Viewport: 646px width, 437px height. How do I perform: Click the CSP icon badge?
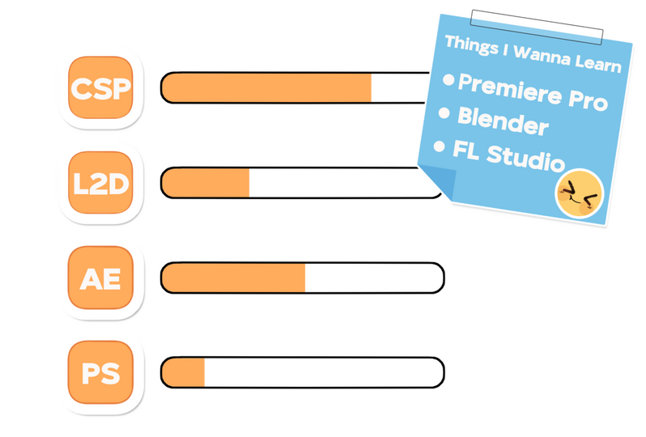(100, 87)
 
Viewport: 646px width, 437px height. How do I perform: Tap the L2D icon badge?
(100, 182)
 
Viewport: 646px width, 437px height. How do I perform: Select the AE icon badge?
(100, 278)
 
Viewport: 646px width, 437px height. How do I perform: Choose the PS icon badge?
(100, 372)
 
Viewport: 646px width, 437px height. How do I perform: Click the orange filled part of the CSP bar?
(266, 87)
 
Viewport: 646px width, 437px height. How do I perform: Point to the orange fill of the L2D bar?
(206, 182)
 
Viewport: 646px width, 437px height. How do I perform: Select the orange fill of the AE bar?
(234, 278)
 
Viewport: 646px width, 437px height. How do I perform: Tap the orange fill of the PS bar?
(183, 372)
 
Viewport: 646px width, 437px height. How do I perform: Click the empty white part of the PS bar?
(324, 372)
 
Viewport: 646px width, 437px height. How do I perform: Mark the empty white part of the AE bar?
(374, 278)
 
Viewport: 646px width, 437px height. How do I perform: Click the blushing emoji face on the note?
(580, 193)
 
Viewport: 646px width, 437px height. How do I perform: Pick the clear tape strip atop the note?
(537, 28)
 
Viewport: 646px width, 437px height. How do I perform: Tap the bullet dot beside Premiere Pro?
(448, 79)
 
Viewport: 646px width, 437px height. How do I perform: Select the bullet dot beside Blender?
(444, 112)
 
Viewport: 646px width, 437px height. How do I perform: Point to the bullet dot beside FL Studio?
(440, 146)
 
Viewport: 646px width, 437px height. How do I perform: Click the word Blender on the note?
(503, 121)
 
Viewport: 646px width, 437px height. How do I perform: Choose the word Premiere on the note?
(510, 88)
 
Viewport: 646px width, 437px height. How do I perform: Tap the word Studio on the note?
(526, 157)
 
